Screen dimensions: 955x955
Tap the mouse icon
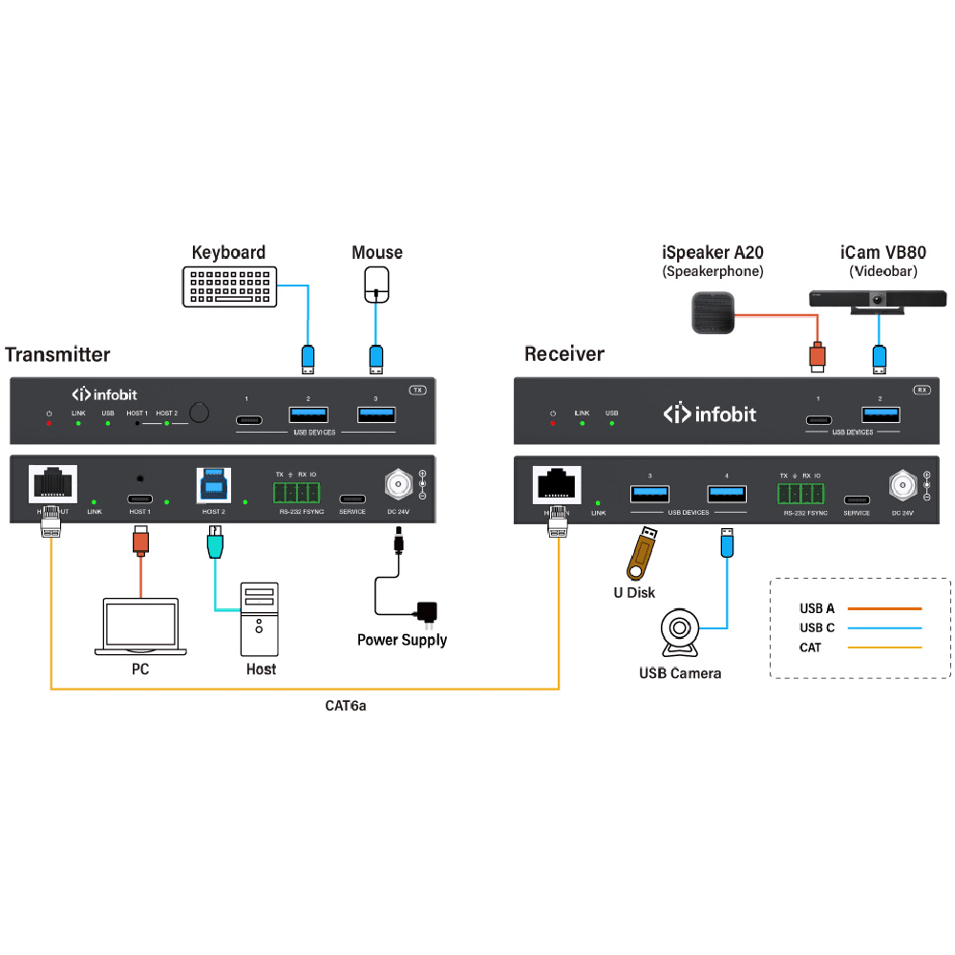(x=378, y=284)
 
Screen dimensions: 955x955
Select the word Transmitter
(x=57, y=354)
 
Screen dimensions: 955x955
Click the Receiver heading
(x=564, y=354)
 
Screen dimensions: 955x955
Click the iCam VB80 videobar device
(x=878, y=300)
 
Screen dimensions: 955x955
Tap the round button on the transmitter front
(x=199, y=413)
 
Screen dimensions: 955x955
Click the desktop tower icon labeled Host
(x=260, y=620)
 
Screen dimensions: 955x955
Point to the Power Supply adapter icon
(x=427, y=611)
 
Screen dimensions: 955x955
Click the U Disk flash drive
(x=641, y=555)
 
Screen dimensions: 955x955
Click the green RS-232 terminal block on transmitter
(x=295, y=492)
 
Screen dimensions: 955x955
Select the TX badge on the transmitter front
(x=416, y=390)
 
